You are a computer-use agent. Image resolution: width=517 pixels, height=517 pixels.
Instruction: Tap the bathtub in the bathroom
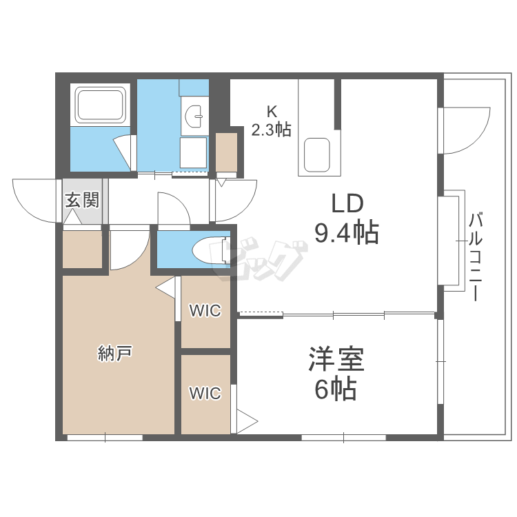point(101,105)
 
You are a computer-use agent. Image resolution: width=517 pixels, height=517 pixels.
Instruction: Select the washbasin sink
point(196,115)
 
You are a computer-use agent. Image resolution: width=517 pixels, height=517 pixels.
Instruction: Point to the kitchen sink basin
point(318,154)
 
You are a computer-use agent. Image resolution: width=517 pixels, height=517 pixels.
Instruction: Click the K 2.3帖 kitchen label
point(271,121)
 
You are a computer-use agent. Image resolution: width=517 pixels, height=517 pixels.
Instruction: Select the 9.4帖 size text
point(347,234)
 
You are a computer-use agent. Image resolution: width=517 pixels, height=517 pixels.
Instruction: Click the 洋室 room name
point(336,360)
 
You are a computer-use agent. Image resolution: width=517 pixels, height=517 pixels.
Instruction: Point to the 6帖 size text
point(336,390)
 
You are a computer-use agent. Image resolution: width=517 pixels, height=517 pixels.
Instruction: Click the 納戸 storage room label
point(114,354)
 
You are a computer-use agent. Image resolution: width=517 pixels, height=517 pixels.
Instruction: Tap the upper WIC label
point(205,311)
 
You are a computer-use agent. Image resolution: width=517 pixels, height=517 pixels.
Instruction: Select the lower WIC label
point(205,394)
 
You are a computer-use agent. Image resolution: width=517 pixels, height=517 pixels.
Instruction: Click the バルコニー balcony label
point(475,257)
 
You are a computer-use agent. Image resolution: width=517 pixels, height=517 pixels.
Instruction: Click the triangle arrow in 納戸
point(166,288)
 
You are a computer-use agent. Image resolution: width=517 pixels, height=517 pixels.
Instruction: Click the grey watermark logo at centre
point(262,261)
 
